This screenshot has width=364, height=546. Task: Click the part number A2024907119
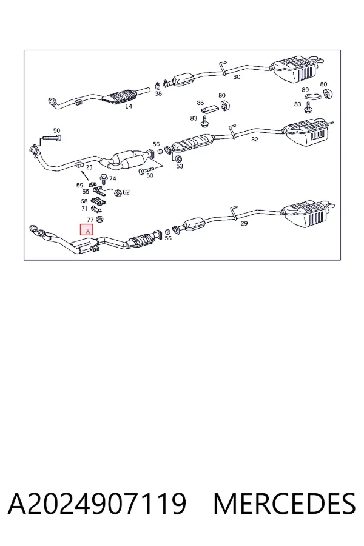click(x=97, y=504)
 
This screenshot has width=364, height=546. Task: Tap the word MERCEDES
click(x=285, y=504)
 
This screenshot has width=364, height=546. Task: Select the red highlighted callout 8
click(x=87, y=230)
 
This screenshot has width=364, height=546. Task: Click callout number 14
click(x=129, y=106)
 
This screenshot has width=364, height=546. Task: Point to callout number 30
click(x=237, y=76)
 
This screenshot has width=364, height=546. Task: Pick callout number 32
click(x=255, y=140)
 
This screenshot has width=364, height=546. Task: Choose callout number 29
click(x=244, y=223)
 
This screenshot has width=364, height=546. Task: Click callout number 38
click(x=158, y=93)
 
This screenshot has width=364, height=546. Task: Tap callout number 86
click(x=200, y=103)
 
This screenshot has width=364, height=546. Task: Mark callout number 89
click(x=305, y=90)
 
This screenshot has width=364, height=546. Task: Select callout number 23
click(x=89, y=167)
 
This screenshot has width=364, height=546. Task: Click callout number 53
click(x=180, y=166)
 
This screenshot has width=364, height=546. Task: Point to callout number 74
click(x=112, y=178)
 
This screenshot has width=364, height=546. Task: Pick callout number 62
click(x=126, y=192)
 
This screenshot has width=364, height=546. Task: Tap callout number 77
click(x=90, y=220)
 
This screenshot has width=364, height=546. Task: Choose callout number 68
click(x=84, y=201)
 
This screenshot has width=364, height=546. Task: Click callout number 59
click(x=79, y=185)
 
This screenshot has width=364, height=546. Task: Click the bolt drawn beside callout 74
click(x=104, y=179)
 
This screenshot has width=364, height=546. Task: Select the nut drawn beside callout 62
click(x=118, y=192)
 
